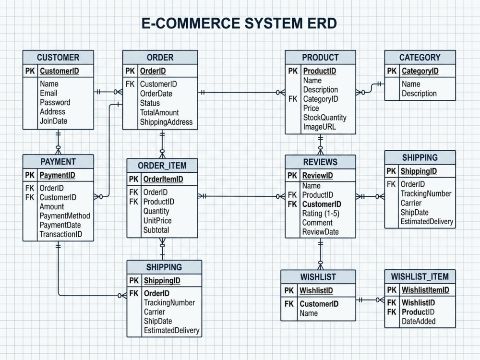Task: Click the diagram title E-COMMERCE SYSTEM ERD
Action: (239, 23)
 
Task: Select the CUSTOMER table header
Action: (58, 57)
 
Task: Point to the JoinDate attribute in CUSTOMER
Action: (54, 121)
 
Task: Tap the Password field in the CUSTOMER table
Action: (55, 102)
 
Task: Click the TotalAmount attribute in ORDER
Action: (159, 113)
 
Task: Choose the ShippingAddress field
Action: (166, 122)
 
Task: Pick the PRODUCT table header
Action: (320, 57)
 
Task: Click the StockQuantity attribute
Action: (325, 118)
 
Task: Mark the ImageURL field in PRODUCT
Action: (319, 127)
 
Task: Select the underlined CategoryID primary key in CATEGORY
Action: (420, 71)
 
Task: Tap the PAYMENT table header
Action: (58, 161)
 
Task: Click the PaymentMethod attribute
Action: (65, 216)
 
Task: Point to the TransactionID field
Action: (61, 234)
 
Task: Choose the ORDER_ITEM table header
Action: (162, 165)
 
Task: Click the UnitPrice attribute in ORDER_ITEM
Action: (157, 221)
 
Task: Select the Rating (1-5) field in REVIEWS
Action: (321, 214)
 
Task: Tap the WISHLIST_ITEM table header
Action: (420, 276)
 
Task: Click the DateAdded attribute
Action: (419, 321)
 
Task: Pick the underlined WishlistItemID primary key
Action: (425, 290)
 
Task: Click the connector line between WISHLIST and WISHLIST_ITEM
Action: (370, 300)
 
